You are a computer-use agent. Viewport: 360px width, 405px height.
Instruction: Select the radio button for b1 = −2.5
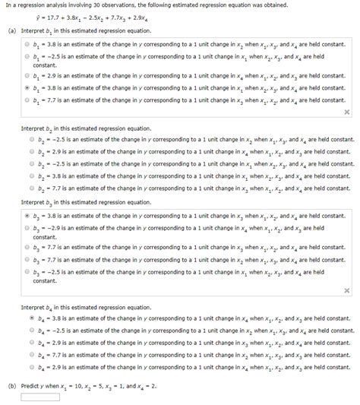tap(27, 57)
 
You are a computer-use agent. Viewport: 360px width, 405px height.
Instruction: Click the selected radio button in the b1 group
tap(27, 88)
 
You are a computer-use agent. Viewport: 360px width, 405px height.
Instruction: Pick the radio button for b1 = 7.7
tap(27, 99)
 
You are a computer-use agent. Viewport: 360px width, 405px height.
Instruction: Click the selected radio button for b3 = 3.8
tap(27, 216)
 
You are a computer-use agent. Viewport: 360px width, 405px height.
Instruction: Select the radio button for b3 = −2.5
tap(27, 270)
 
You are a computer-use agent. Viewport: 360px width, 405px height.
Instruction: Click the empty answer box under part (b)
tap(40, 396)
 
